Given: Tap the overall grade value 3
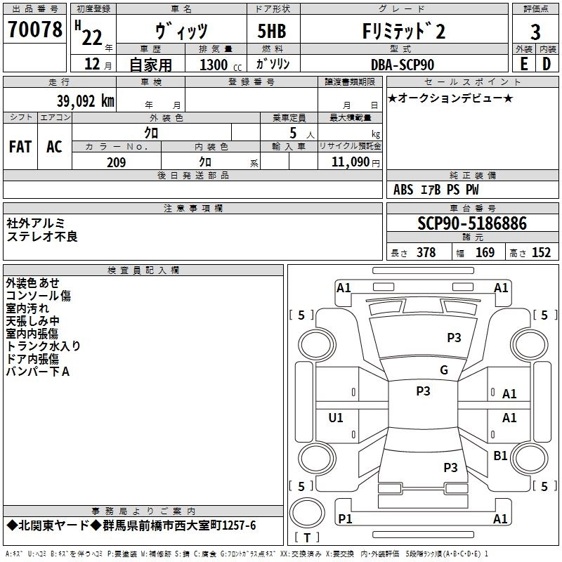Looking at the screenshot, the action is (535, 32).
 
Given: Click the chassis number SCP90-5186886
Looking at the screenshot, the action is (471, 224).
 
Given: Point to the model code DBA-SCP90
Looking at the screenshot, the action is (403, 65).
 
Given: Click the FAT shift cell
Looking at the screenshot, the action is (20, 147).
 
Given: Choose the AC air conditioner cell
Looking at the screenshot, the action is (54, 147).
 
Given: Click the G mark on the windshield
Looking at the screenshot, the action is (443, 370).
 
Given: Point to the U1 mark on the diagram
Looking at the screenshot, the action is (336, 418).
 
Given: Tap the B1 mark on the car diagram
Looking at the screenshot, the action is (500, 456).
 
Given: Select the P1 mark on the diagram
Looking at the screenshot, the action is (345, 518).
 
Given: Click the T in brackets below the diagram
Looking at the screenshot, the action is (307, 537).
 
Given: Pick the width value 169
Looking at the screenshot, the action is (485, 253).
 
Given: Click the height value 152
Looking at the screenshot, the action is (541, 253).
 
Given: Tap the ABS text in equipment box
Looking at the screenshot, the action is (403, 190).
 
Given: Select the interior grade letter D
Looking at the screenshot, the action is (546, 65).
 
